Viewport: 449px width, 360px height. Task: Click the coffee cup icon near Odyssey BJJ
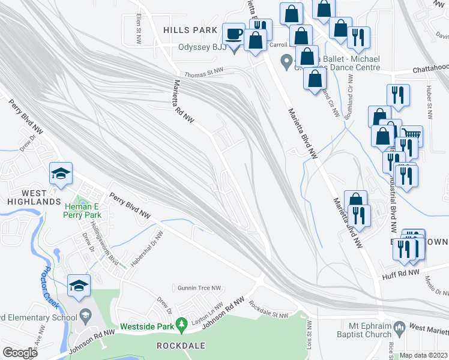[234, 34]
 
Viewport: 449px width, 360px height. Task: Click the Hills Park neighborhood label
[190, 30]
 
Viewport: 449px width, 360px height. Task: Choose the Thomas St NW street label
[203, 72]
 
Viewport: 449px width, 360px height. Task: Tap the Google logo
[20, 353]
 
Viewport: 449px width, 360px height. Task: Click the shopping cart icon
[412, 135]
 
